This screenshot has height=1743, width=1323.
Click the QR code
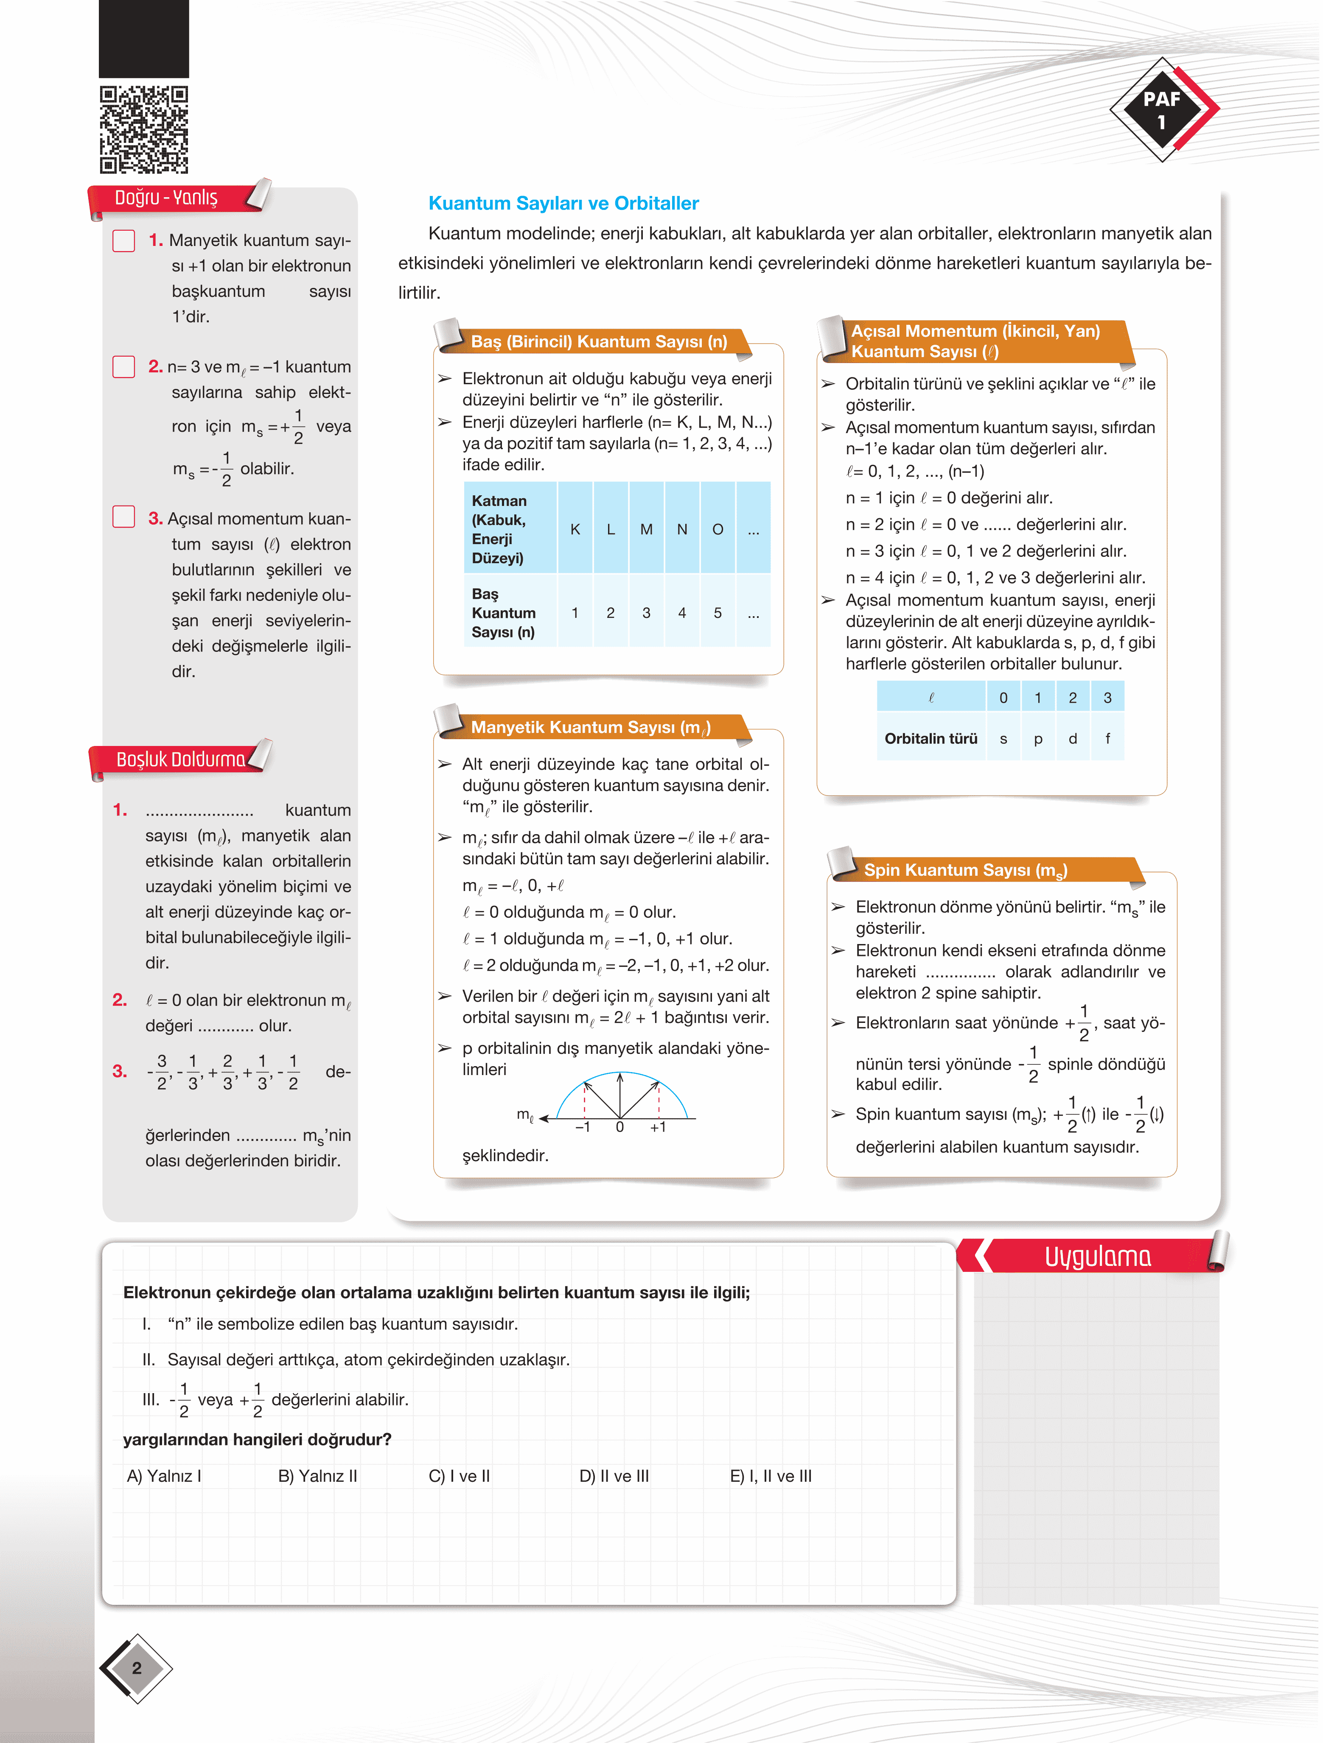click(143, 129)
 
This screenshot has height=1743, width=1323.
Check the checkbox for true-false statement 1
click(124, 240)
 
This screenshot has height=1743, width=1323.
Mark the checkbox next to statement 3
click(124, 517)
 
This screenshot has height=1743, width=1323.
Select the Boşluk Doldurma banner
click(180, 760)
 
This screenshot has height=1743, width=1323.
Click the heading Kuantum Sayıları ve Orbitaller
click(563, 203)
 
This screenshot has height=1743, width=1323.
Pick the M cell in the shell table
click(647, 530)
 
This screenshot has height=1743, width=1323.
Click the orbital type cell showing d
click(1072, 738)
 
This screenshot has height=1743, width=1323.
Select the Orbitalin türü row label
click(931, 738)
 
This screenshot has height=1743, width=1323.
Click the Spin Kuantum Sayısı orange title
click(965, 870)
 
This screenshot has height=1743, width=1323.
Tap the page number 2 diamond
click(136, 1668)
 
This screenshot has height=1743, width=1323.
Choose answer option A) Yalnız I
click(164, 1476)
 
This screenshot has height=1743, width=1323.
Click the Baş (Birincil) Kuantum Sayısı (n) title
click(598, 342)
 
